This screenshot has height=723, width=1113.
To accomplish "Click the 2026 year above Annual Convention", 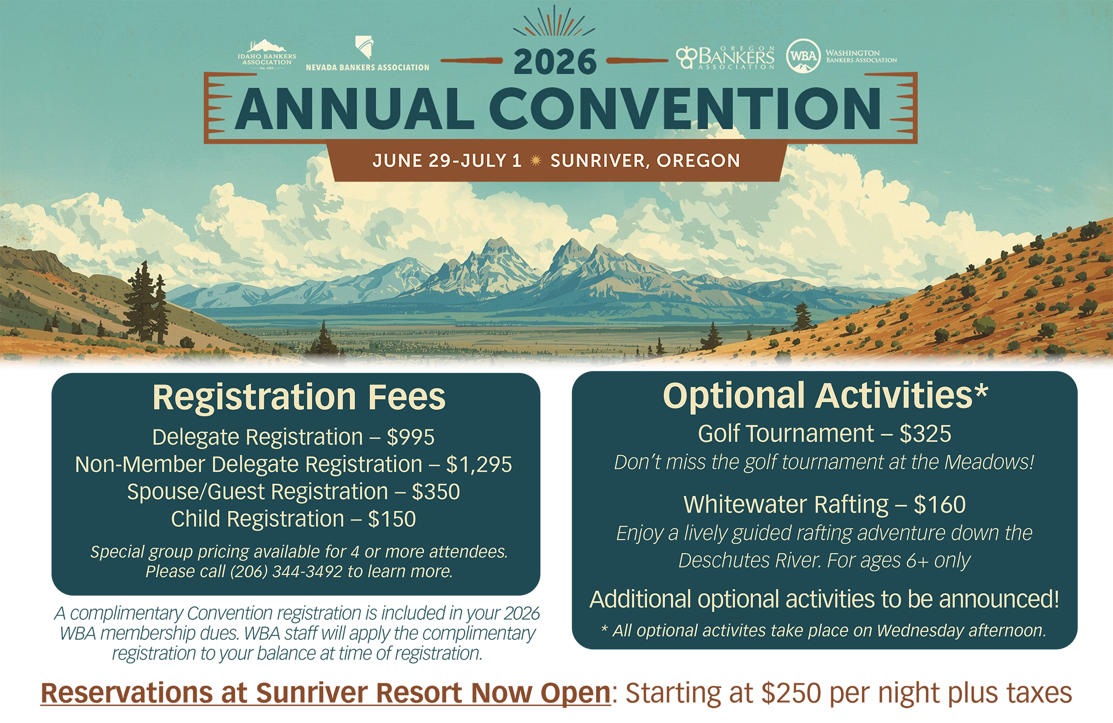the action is point(555,62).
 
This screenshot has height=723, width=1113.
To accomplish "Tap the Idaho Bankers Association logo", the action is point(267,53).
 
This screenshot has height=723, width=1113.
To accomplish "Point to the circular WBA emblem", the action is point(803,56).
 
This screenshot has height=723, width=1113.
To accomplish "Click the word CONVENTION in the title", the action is point(686,108).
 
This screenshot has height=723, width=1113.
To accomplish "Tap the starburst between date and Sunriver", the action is point(535,160).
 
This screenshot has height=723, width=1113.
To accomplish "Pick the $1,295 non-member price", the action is point(479,465).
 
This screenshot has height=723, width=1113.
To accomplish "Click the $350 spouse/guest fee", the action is point(436,492).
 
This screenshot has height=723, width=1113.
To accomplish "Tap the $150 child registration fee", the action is point(392,519).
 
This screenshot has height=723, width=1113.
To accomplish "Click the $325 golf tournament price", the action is point(925,434).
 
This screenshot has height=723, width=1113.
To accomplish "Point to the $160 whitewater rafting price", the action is point(940,505).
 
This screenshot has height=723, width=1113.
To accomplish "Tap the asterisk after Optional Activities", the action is point(982,391).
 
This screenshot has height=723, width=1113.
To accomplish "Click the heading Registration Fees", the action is point(299,397).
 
